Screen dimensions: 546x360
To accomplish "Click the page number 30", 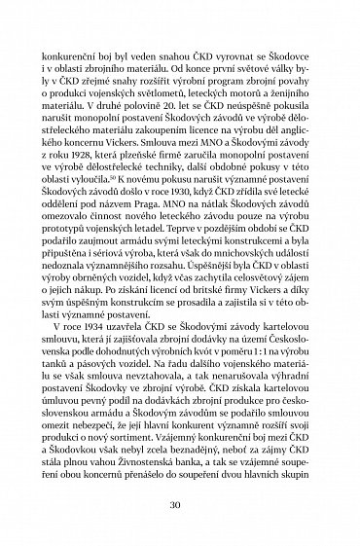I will click(x=180, y=507).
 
